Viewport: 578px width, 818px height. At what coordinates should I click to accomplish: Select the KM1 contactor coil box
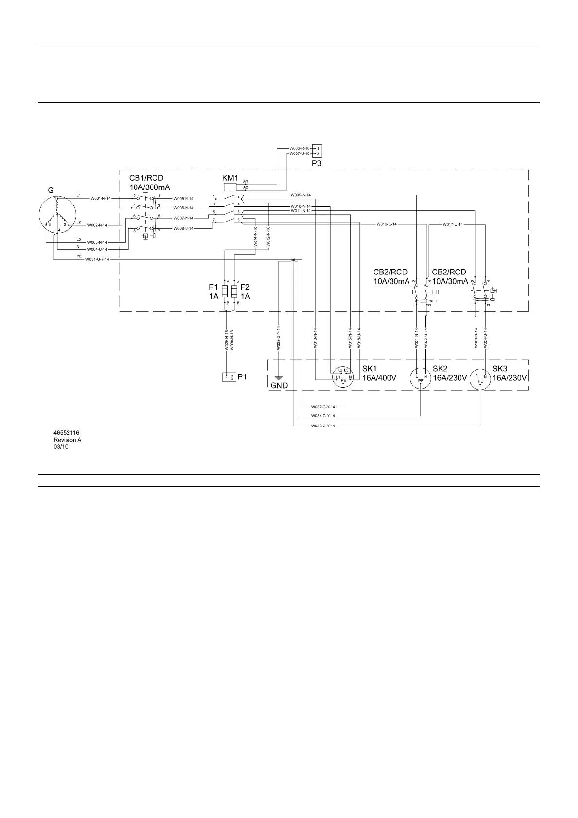tap(229, 187)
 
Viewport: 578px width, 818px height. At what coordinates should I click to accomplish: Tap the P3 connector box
tap(317, 151)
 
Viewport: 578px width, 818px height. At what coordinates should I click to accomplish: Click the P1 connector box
tap(229, 377)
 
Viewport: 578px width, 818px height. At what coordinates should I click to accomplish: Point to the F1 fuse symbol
tap(225, 291)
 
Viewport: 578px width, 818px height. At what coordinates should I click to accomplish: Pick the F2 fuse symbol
tap(235, 291)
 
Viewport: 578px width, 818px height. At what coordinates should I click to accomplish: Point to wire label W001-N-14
tap(101, 198)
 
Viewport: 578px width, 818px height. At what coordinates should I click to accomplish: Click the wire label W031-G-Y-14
tap(98, 259)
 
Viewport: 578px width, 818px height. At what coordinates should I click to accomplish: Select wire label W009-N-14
tap(301, 195)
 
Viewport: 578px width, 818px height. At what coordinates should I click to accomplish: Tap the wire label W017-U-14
tap(453, 224)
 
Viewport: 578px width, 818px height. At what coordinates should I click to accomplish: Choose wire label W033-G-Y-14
tap(323, 426)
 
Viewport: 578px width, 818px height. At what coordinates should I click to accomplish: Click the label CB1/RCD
tap(146, 178)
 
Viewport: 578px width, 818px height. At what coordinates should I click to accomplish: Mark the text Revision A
tap(67, 440)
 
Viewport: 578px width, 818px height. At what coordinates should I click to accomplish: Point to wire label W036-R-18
tap(299, 148)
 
